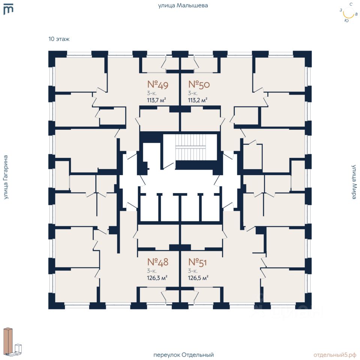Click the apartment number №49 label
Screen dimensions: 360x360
point(158,85)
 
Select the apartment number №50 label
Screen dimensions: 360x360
point(199,84)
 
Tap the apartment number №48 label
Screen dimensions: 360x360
point(158,262)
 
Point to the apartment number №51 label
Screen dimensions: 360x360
point(198,262)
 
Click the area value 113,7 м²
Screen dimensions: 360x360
point(156,100)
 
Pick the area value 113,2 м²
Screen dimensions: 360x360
point(198,100)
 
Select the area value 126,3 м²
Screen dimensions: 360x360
point(157,278)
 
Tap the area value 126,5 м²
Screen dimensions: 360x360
point(198,278)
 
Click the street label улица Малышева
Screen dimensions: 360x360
point(183,6)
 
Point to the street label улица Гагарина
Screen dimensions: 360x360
point(6,177)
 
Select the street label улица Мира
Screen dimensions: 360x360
point(354,182)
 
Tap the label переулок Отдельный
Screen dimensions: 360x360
point(183,355)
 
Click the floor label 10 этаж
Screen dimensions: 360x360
point(59,39)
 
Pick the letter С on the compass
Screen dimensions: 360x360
point(351,4)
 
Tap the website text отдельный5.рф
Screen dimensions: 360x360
point(335,355)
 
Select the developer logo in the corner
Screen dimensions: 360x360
point(8,9)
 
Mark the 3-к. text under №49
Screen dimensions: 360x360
point(152,93)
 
